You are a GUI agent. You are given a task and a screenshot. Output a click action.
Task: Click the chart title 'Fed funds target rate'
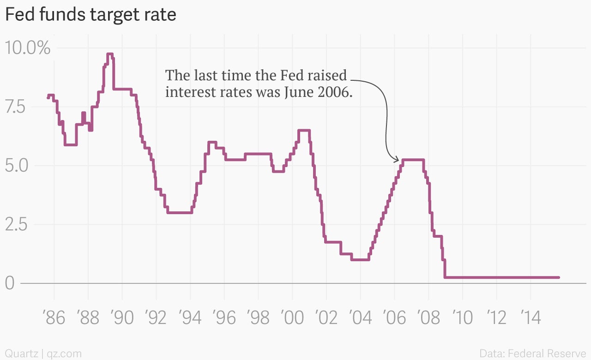point(90,15)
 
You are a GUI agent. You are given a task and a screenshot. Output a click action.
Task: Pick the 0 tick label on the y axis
point(10,283)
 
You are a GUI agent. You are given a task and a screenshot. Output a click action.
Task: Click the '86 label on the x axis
point(54,318)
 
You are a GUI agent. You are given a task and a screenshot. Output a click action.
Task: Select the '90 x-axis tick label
point(122,318)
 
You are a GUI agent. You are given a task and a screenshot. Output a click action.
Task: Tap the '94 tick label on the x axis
point(190,318)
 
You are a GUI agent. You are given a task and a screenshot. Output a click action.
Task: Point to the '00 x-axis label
point(292,318)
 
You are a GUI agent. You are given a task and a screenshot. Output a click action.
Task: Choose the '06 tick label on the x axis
point(394,318)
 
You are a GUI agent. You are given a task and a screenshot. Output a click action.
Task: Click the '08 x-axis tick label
point(428,318)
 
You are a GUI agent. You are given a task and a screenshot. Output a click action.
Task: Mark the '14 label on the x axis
point(530,318)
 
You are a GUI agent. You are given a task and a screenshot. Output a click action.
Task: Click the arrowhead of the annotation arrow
point(397,160)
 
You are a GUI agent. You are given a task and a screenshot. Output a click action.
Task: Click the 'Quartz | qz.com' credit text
point(43,354)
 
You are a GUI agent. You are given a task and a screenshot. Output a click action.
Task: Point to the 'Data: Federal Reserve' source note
point(532,354)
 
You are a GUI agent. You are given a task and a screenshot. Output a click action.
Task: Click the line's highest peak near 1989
point(109,54)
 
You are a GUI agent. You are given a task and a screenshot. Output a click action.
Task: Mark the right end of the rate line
point(559,277)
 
